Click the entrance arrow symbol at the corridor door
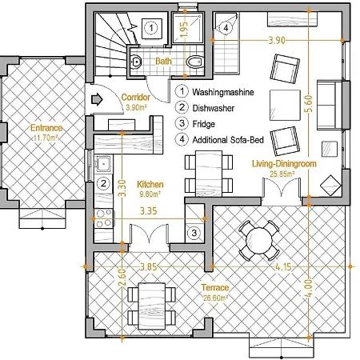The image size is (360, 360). [97, 99]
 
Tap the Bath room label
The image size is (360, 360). [163, 62]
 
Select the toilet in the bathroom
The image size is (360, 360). [194, 62]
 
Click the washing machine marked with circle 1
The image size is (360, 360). [151, 28]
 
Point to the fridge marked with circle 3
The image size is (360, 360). [194, 233]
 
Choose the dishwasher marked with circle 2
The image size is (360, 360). [103, 183]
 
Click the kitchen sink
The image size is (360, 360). [102, 163]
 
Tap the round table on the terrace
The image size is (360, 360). [259, 241]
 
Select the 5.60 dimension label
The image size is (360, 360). [309, 104]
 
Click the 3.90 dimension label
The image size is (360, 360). [277, 40]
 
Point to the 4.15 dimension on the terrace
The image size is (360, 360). [283, 266]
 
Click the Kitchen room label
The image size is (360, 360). [150, 184]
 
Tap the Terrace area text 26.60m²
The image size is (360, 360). [215, 298]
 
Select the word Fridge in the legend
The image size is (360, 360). [204, 124]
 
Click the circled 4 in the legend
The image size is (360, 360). [182, 139]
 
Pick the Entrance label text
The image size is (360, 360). [46, 128]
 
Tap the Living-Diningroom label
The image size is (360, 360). [284, 163]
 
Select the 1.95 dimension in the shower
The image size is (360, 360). [184, 29]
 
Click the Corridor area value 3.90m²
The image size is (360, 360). [137, 107]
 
